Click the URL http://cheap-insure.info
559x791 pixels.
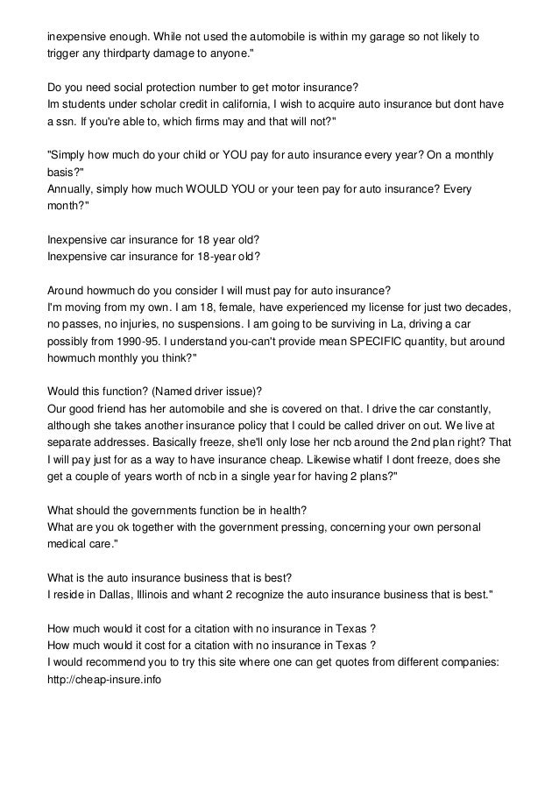(x=104, y=679)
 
